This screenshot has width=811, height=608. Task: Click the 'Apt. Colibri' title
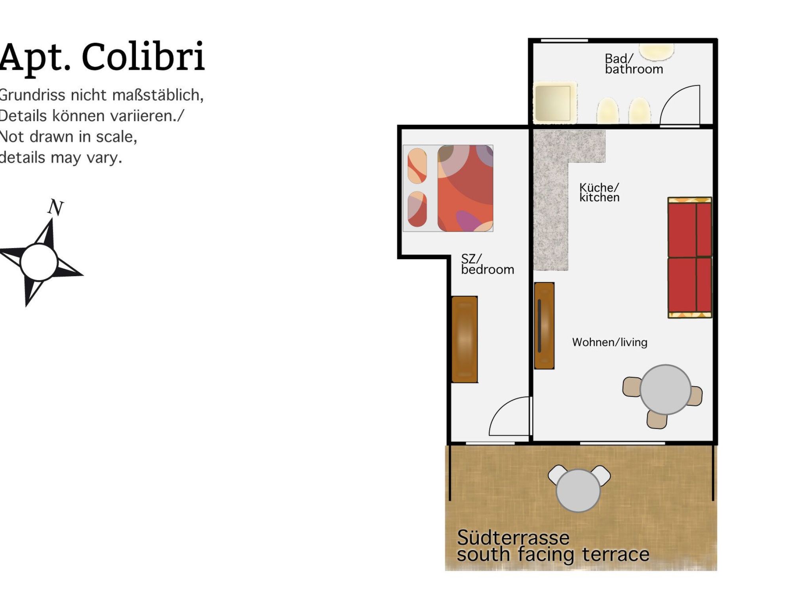coord(102,57)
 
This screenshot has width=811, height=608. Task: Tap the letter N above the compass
coord(55,207)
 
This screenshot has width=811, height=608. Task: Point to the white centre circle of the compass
coord(39,262)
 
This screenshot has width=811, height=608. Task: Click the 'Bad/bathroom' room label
coord(633,64)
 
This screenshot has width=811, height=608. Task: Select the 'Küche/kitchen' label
coord(599,192)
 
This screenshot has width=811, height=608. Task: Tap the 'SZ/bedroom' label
coord(487,264)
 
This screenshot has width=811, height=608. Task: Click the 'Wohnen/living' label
coord(609,342)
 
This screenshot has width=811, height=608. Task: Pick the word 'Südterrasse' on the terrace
coord(513,538)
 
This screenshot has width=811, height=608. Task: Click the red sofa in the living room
coord(689,257)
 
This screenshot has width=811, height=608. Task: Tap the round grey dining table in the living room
coord(665,389)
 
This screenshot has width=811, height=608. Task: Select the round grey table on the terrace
coord(578,490)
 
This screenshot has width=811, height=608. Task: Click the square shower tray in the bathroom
coord(553,102)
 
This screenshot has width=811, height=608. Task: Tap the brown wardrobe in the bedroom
coord(465,339)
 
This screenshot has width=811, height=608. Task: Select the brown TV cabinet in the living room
coord(544,325)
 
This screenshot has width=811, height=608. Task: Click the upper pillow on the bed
coord(417,166)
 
